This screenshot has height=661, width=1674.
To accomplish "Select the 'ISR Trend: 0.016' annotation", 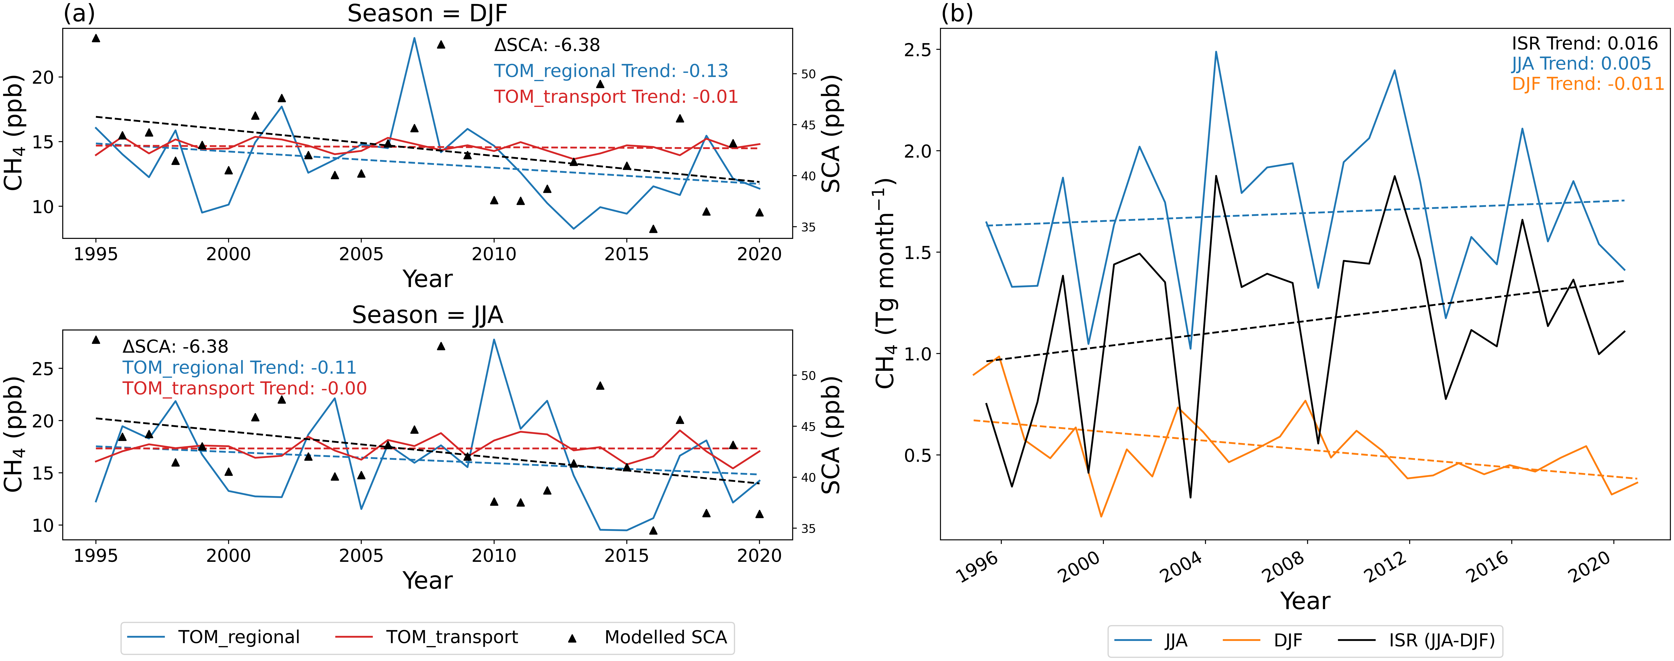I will [x=1584, y=43].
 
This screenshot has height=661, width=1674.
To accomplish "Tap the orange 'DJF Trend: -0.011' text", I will [x=1587, y=84].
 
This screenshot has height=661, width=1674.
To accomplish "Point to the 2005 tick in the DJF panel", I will [x=361, y=254].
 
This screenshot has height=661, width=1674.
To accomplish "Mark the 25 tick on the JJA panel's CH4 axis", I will [x=43, y=368].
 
